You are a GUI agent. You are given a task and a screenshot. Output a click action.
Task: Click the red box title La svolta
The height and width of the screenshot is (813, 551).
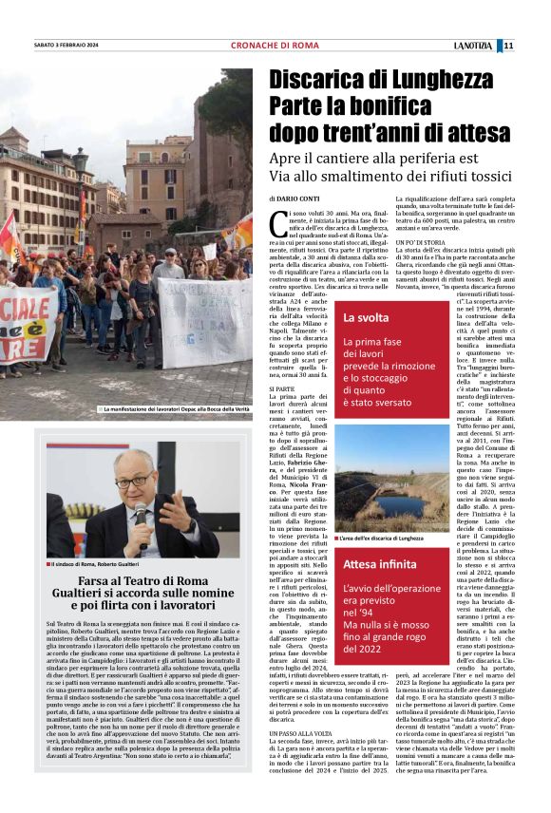(367, 317)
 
